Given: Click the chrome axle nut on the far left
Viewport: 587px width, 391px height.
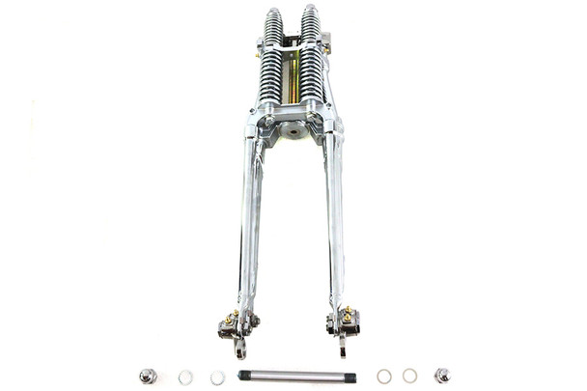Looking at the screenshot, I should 148,376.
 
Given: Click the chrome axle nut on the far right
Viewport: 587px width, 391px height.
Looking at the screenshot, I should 442,376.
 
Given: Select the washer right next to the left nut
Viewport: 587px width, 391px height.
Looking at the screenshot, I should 185,377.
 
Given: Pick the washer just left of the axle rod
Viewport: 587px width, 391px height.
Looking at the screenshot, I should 217,377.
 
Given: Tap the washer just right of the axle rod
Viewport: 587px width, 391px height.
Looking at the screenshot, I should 384,376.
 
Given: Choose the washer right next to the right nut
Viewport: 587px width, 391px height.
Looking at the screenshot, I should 410,376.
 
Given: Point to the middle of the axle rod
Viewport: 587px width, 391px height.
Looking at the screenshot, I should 297,377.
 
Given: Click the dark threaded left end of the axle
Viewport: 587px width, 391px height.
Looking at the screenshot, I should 243,377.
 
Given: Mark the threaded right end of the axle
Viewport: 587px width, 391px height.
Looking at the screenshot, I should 350,377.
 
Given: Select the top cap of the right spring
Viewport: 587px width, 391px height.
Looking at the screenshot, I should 311,13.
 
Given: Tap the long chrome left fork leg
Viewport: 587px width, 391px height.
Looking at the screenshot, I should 249,222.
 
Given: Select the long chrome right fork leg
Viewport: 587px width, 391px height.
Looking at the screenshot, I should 334,222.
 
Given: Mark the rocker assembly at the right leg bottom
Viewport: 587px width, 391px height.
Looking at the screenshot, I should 345,323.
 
